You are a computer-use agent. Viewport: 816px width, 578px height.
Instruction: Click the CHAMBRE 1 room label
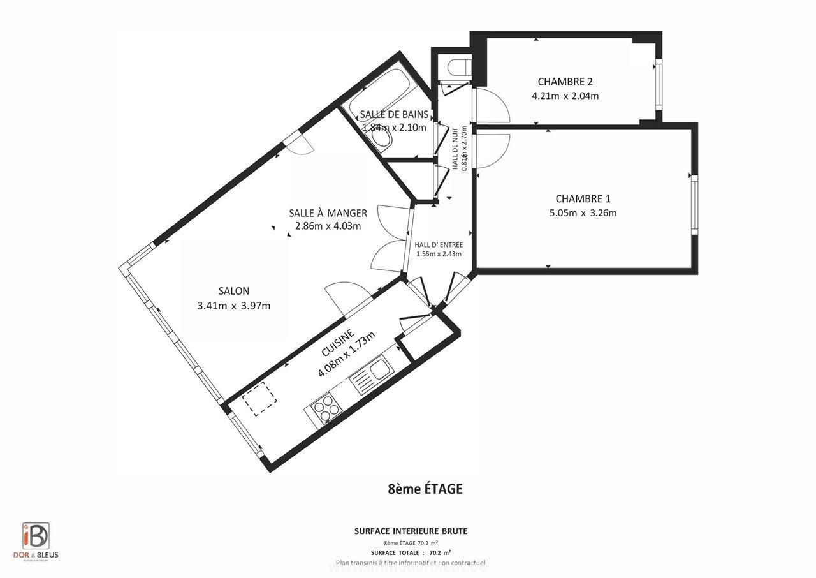pyautogui.click(x=583, y=198)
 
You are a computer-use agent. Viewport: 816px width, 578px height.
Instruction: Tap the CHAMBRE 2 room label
pyautogui.click(x=565, y=82)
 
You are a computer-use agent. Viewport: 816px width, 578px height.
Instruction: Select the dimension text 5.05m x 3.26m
pyautogui.click(x=583, y=213)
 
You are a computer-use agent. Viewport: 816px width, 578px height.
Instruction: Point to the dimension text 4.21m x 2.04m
pyautogui.click(x=565, y=96)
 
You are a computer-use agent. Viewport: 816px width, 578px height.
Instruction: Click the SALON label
pyautogui.click(x=233, y=291)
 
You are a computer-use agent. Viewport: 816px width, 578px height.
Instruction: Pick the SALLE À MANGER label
pyautogui.click(x=328, y=213)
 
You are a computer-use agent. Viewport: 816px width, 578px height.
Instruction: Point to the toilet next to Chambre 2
pyautogui.click(x=459, y=67)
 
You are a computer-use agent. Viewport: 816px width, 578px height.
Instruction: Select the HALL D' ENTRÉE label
pyautogui.click(x=439, y=244)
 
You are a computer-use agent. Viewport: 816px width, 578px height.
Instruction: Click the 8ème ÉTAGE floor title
pyautogui.click(x=425, y=489)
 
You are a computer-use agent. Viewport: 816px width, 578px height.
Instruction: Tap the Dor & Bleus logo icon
pyautogui.click(x=36, y=535)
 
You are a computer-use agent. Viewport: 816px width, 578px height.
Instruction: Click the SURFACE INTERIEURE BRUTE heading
pyautogui.click(x=411, y=531)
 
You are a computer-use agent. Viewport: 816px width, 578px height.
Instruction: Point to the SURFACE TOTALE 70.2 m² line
pyautogui.click(x=411, y=552)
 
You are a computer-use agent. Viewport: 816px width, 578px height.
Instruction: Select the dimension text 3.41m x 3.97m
pyautogui.click(x=234, y=306)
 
